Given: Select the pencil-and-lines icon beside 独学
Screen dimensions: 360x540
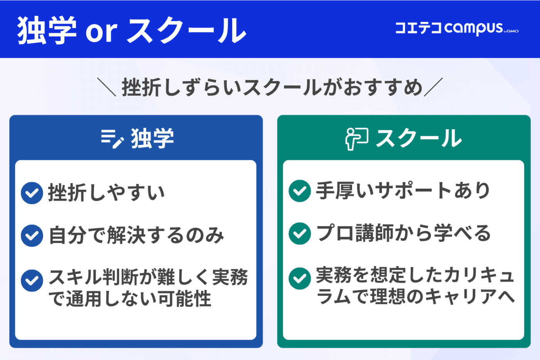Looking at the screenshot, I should coord(112,139).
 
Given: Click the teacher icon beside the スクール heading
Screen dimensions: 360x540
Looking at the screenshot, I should coord(356,139).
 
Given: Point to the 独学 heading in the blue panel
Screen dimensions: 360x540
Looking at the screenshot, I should coord(152,139).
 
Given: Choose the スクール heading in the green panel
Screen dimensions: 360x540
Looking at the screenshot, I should coord(418,139).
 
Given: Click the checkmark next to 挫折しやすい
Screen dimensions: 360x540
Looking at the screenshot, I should coord(32,193).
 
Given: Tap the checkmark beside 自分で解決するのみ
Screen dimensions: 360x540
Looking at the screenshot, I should coord(32,235).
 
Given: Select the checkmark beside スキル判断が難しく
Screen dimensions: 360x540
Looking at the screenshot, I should coord(32,280).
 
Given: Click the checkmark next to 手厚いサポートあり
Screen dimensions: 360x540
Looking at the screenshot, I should coord(300,191).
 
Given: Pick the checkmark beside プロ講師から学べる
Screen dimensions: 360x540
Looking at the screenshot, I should coord(300,233).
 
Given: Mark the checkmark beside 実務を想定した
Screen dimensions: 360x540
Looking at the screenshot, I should coord(300,278).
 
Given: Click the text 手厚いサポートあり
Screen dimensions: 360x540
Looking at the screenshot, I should coord(403,191).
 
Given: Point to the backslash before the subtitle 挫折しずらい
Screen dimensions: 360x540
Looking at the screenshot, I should coord(106,87).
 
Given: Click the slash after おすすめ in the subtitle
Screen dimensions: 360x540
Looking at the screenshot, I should coord(433,87).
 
